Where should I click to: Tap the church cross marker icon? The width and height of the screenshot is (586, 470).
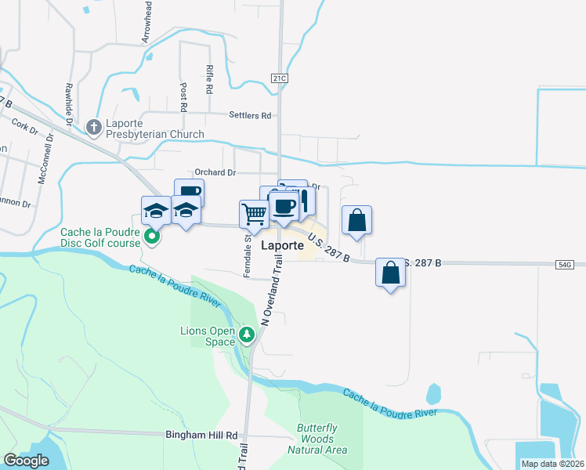click(94, 127)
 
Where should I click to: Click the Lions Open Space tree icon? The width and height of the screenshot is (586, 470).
click(248, 335)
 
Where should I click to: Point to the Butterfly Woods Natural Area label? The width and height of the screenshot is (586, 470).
click(317, 439)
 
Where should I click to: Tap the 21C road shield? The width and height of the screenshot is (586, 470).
click(280, 78)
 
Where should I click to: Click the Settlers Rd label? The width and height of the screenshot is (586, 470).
click(250, 115)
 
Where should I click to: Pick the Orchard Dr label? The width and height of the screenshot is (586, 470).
click(215, 172)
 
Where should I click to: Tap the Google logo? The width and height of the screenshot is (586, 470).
click(27, 461)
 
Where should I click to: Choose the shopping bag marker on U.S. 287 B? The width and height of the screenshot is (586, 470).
click(390, 273)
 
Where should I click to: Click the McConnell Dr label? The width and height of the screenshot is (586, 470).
click(43, 157)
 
